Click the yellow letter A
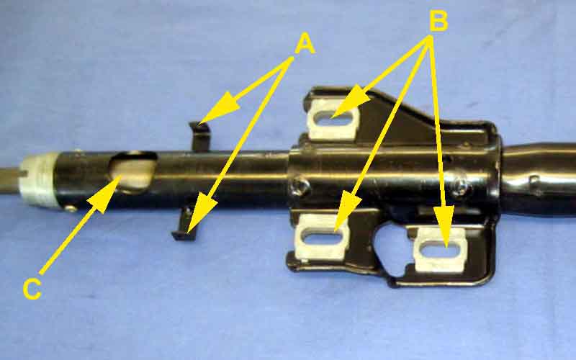(x=305, y=44)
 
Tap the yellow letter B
(x=438, y=20)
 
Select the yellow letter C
(x=32, y=289)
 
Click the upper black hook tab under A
(x=200, y=136)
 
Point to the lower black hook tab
(x=186, y=225)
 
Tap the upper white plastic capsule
(x=333, y=118)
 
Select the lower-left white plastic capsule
(x=322, y=236)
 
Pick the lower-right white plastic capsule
(x=440, y=250)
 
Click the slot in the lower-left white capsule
(x=323, y=237)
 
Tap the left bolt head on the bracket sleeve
(x=300, y=186)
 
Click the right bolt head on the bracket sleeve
(x=460, y=186)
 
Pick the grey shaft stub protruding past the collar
(x=10, y=180)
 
